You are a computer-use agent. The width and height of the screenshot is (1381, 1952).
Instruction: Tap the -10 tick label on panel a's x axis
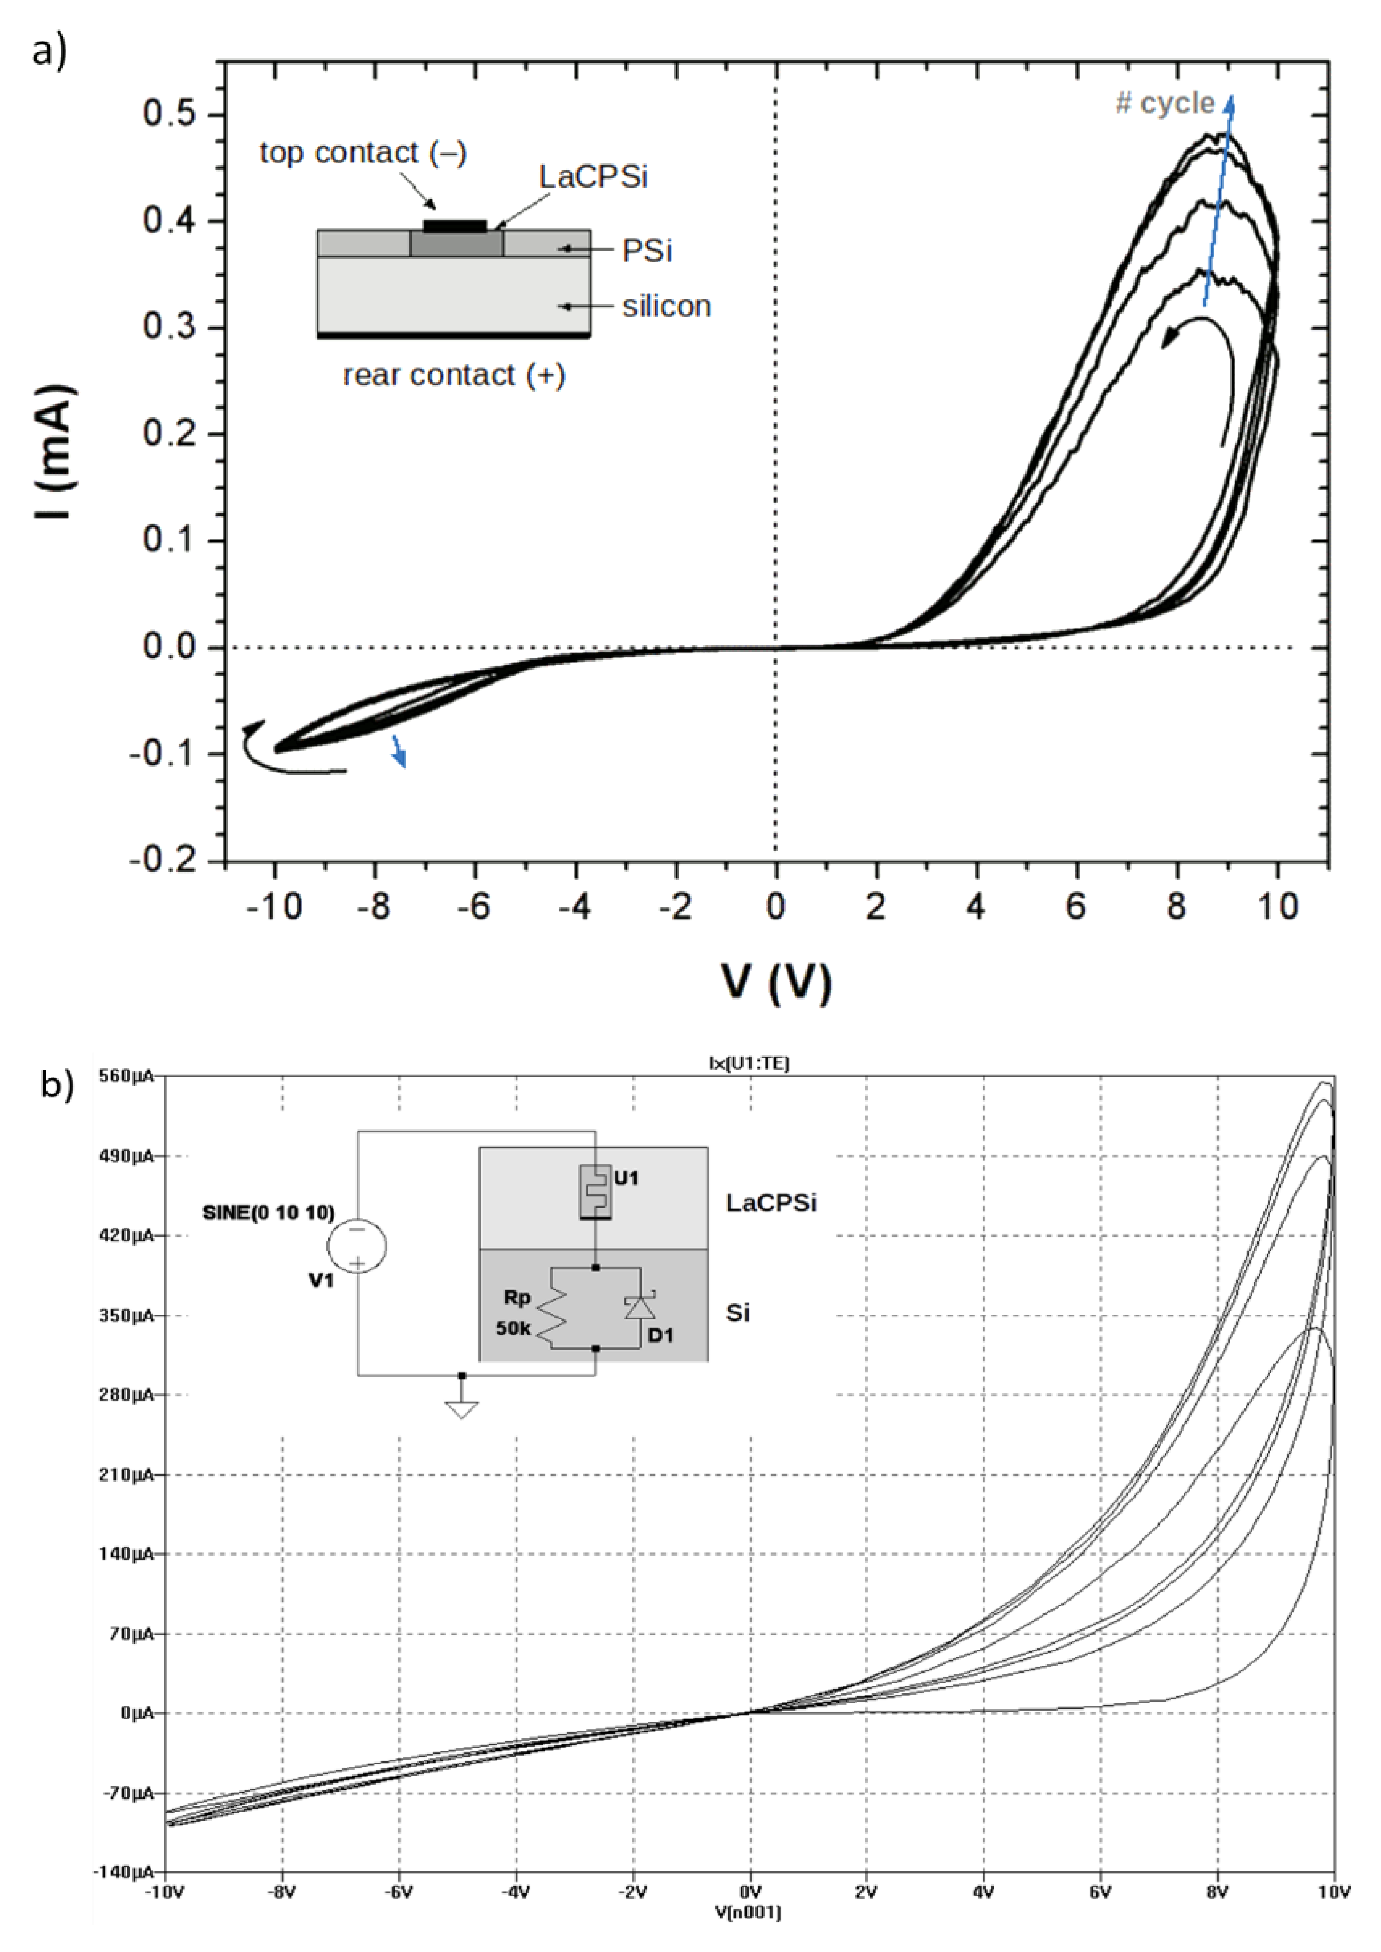tap(274, 907)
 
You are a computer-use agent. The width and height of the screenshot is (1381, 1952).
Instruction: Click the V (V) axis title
tap(775, 982)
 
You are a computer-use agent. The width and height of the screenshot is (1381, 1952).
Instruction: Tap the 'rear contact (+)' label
tap(453, 375)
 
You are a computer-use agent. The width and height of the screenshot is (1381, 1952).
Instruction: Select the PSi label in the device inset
tap(647, 251)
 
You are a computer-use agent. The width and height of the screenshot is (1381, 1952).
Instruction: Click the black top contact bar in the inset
tap(455, 226)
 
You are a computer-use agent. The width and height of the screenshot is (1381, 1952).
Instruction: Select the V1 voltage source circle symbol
tap(357, 1246)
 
